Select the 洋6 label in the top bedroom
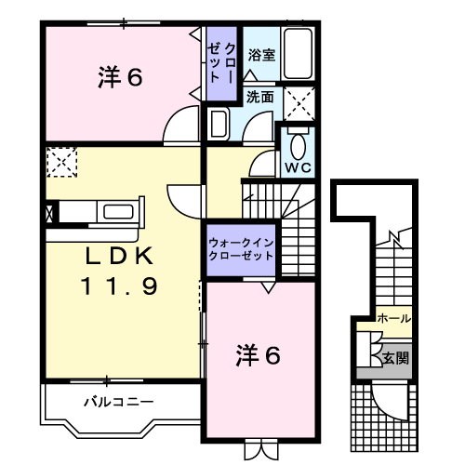[120, 78]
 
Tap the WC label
[298, 168]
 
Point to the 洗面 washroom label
[260, 97]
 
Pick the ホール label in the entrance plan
[394, 319]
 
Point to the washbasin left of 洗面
[219, 124]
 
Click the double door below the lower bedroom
[257, 448]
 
